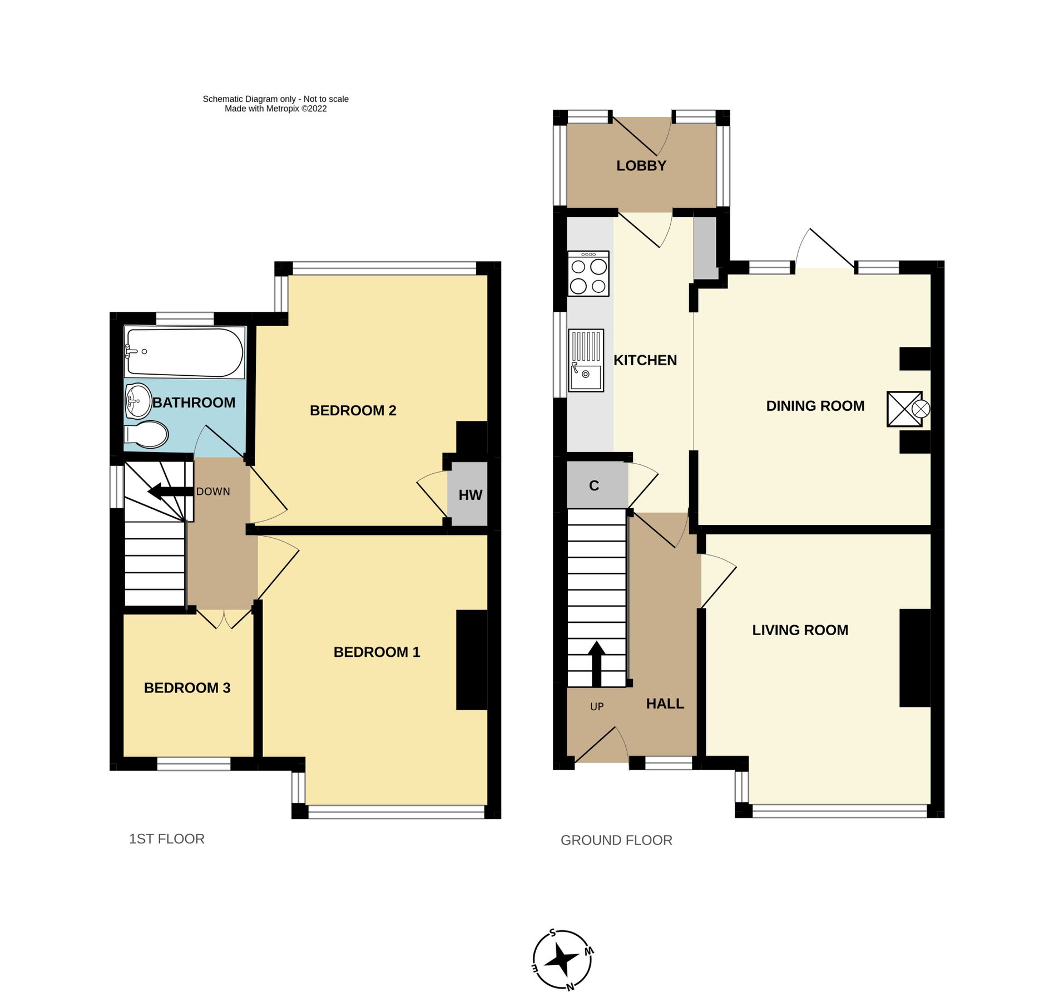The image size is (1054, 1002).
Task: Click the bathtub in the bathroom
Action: [184, 352]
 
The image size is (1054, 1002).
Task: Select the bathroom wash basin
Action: [138, 400]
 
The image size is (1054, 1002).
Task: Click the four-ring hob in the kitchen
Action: [588, 273]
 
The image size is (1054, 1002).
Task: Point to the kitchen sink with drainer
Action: [586, 360]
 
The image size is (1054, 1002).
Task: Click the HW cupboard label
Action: [470, 495]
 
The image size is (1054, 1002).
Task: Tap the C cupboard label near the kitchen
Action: [593, 486]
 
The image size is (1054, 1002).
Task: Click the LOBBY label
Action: [641, 166]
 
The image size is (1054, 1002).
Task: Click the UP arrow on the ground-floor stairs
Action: [596, 663]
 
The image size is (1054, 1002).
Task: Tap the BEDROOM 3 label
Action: [187, 688]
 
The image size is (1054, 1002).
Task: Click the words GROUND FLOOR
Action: [616, 840]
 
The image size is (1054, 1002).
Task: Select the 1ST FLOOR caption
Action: [166, 839]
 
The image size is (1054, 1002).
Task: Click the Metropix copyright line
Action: [275, 109]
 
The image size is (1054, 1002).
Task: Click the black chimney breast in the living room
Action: [914, 658]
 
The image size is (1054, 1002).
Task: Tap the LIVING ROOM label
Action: [800, 630]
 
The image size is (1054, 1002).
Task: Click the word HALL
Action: [665, 704]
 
